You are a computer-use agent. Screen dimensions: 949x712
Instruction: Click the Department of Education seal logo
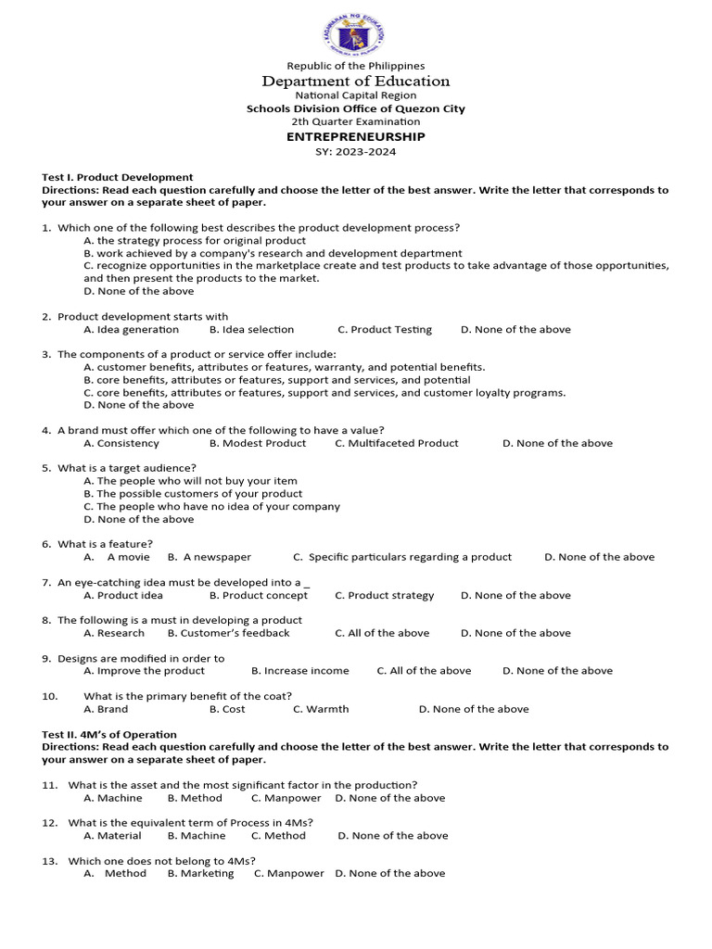pos(355,34)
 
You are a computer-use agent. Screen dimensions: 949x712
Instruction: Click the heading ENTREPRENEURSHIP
pos(355,136)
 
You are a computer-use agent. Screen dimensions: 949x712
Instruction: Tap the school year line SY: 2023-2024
pos(355,152)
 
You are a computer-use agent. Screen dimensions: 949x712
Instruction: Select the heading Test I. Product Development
pos(118,177)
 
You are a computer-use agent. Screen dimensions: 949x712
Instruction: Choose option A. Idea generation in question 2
pos(131,329)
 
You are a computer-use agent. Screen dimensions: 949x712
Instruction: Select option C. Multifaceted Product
pos(396,443)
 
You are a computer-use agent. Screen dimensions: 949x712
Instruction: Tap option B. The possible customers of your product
pos(193,494)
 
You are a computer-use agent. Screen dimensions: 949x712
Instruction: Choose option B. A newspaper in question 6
pos(209,557)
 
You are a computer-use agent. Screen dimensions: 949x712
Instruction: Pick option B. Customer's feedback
pos(228,633)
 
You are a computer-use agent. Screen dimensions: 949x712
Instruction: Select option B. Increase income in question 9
pos(299,671)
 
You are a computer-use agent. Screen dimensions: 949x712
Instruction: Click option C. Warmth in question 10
pos(321,709)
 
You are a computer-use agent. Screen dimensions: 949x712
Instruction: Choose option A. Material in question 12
pos(112,835)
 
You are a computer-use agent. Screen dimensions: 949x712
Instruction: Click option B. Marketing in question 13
pos(200,873)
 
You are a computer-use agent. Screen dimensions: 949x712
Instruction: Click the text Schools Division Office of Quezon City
pos(355,108)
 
